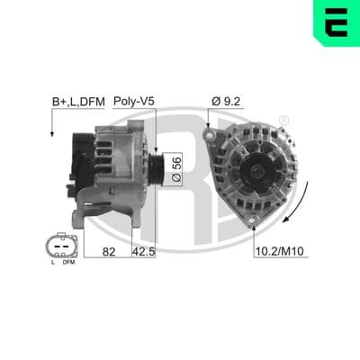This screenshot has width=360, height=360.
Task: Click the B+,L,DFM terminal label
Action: (x=78, y=102)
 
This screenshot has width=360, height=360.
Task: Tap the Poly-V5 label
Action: (x=134, y=102)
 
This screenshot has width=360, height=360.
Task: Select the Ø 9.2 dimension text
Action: (x=226, y=102)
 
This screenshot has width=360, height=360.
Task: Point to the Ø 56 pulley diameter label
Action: (x=176, y=169)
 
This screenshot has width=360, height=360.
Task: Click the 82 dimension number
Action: (x=109, y=252)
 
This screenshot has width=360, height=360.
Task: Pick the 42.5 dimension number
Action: (x=144, y=252)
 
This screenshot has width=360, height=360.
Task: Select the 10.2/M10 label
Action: (x=279, y=251)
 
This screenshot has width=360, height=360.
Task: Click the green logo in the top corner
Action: (x=337, y=22)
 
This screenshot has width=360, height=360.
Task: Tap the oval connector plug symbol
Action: (x=62, y=246)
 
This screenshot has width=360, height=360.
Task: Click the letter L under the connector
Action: (x=53, y=263)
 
